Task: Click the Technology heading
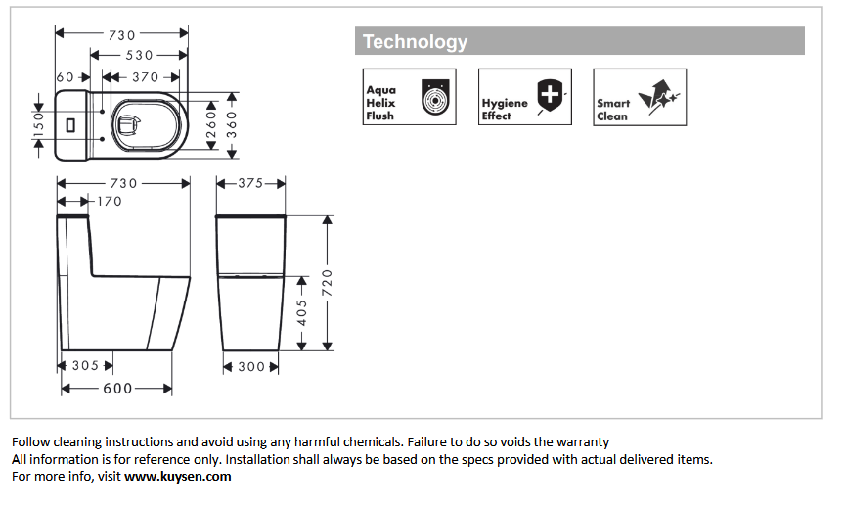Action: coord(416,42)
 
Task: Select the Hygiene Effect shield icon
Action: coord(553,98)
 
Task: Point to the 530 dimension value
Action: coord(140,55)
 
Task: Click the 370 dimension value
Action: coord(144,77)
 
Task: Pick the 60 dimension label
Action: coord(66,77)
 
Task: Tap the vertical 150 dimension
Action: coord(38,123)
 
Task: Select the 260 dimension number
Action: coord(210,122)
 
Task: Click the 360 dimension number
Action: coord(233,123)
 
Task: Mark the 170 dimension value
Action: coord(109,202)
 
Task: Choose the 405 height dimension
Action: coord(302,312)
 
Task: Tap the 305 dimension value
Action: coord(86,366)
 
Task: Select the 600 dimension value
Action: coord(118,389)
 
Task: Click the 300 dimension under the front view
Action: coord(251,366)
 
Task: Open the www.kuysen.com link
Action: coord(177,477)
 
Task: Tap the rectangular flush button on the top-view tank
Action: coord(69,125)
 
